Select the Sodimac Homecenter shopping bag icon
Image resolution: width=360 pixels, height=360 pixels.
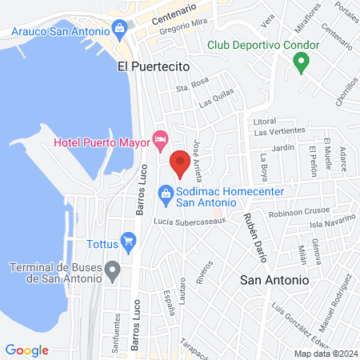(166, 192)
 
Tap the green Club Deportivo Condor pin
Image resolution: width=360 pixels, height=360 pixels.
(301, 62)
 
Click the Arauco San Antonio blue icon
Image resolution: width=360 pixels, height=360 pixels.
(120, 30)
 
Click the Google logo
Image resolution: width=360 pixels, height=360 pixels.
(26, 350)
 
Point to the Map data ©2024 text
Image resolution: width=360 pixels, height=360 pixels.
(325, 353)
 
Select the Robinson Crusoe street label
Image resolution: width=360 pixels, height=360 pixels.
(296, 214)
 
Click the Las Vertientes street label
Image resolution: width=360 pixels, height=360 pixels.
(280, 131)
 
